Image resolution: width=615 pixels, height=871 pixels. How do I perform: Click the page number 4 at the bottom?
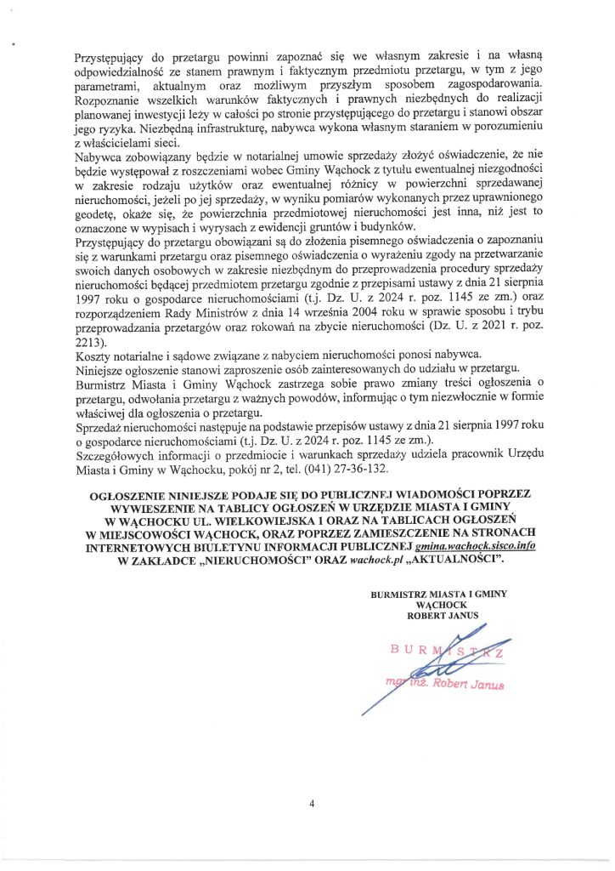tap(312, 805)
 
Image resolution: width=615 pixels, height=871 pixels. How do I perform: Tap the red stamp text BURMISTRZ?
tap(447, 652)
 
